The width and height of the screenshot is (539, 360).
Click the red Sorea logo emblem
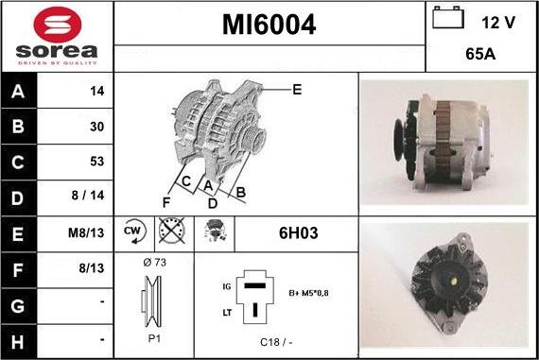coord(58,25)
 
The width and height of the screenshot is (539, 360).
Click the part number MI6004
coord(269,25)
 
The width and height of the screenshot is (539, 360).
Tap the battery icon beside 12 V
coord(448,17)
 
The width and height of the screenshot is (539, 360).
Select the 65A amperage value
coord(480,54)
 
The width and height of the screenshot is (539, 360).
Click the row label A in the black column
coord(18,92)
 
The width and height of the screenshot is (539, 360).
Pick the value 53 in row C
coord(97,162)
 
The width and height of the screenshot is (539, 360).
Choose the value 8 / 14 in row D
coord(88,196)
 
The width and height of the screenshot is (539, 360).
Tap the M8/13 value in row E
coord(86,232)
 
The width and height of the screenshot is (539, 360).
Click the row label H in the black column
coord(18,342)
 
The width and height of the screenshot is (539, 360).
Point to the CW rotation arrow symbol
coord(134,231)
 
